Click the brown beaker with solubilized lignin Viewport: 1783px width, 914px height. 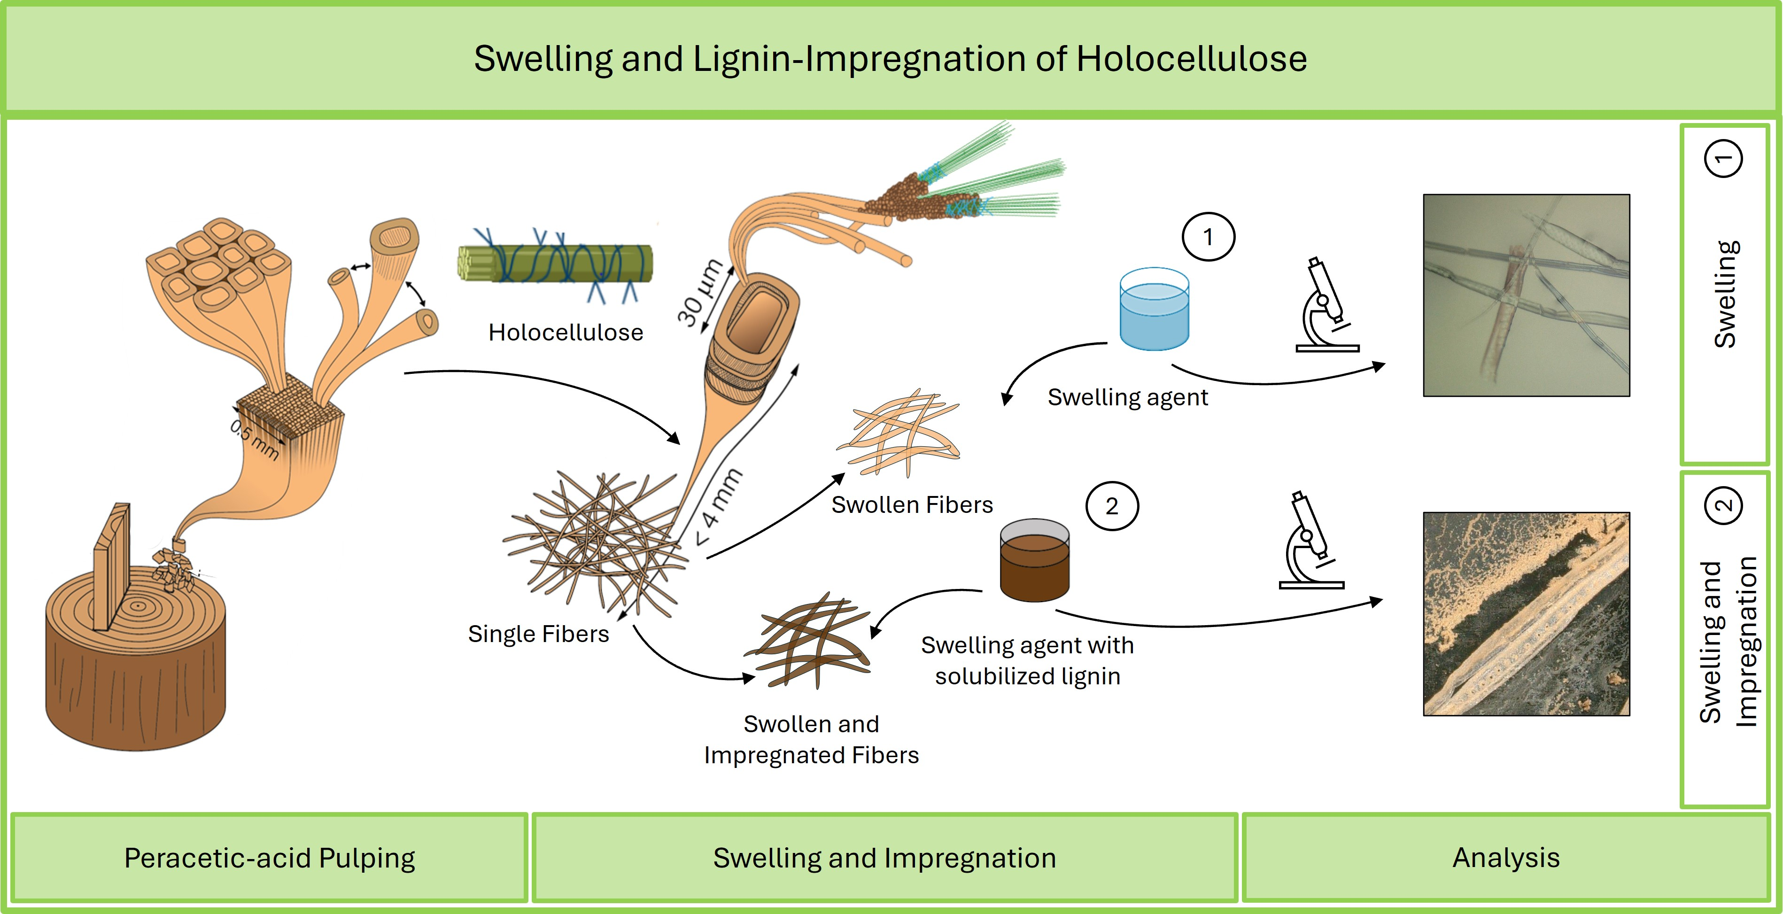[1034, 560]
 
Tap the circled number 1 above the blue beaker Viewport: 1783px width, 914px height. [1208, 237]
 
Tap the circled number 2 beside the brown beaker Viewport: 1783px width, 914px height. [1112, 506]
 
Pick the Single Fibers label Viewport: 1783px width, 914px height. [538, 634]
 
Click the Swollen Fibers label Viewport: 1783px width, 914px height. [912, 505]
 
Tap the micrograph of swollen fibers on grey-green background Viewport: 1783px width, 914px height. [1526, 295]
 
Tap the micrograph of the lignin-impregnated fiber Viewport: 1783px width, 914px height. [1526, 614]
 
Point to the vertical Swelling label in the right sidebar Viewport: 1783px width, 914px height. [1724, 294]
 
